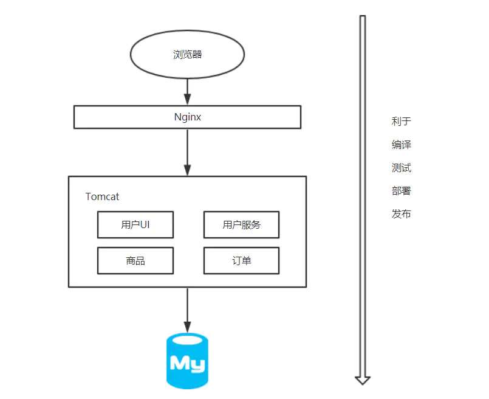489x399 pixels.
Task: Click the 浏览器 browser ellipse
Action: pyautogui.click(x=187, y=55)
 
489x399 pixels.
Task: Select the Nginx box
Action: pyautogui.click(x=187, y=117)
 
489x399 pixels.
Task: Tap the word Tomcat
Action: pyautogui.click(x=102, y=196)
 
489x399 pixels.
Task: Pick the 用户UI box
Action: pyautogui.click(x=135, y=225)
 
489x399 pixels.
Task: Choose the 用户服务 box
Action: pyautogui.click(x=241, y=225)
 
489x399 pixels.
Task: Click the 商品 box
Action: pyautogui.click(x=135, y=261)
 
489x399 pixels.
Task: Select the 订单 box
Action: pyautogui.click(x=241, y=261)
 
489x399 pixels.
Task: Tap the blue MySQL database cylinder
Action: pyautogui.click(x=187, y=361)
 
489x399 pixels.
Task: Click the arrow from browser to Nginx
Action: pyautogui.click(x=187, y=92)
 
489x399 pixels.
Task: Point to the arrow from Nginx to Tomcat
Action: pyautogui.click(x=187, y=152)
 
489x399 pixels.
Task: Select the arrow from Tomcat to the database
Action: pyautogui.click(x=187, y=310)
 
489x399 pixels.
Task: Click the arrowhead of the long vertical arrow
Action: pyautogui.click(x=363, y=380)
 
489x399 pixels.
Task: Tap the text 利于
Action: pyautogui.click(x=402, y=122)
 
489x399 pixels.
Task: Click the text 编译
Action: pyautogui.click(x=402, y=145)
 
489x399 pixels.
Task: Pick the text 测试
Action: pyautogui.click(x=402, y=168)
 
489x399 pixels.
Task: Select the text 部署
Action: pyautogui.click(x=402, y=191)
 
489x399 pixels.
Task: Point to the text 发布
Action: pyautogui.click(x=402, y=214)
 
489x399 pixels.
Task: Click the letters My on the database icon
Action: pyautogui.click(x=187, y=363)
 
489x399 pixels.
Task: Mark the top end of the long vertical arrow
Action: pyautogui.click(x=363, y=17)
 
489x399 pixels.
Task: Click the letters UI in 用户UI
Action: pyautogui.click(x=145, y=225)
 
